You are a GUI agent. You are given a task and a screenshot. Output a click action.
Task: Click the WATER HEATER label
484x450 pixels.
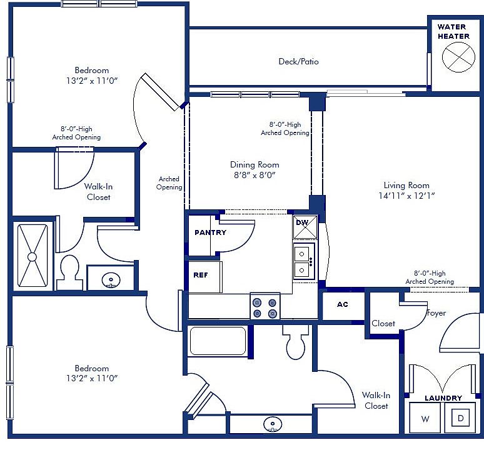pos(453,31)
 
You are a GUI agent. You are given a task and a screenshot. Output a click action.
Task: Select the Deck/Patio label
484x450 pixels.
pos(298,61)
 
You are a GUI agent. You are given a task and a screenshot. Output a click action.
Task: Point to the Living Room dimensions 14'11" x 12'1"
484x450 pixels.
pos(406,196)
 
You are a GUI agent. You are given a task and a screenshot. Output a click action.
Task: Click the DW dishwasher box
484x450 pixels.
pos(305,227)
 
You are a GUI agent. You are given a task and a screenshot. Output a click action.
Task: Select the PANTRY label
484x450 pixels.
pos(210,232)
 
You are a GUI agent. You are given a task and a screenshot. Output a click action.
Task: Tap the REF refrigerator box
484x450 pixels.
pos(201,274)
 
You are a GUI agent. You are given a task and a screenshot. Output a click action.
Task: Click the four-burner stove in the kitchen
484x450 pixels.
pos(265,307)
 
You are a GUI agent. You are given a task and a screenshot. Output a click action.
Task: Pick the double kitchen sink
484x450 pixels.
pos(304,261)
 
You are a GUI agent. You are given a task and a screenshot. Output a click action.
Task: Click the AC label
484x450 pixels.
pos(342,304)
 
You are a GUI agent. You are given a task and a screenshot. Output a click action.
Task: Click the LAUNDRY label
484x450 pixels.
pos(443,398)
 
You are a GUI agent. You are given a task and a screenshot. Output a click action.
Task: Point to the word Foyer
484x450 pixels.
pos(436,312)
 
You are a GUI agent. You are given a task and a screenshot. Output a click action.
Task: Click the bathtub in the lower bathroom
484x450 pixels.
pos(218,341)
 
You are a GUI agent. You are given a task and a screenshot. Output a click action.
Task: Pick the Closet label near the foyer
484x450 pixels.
pos(383,323)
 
